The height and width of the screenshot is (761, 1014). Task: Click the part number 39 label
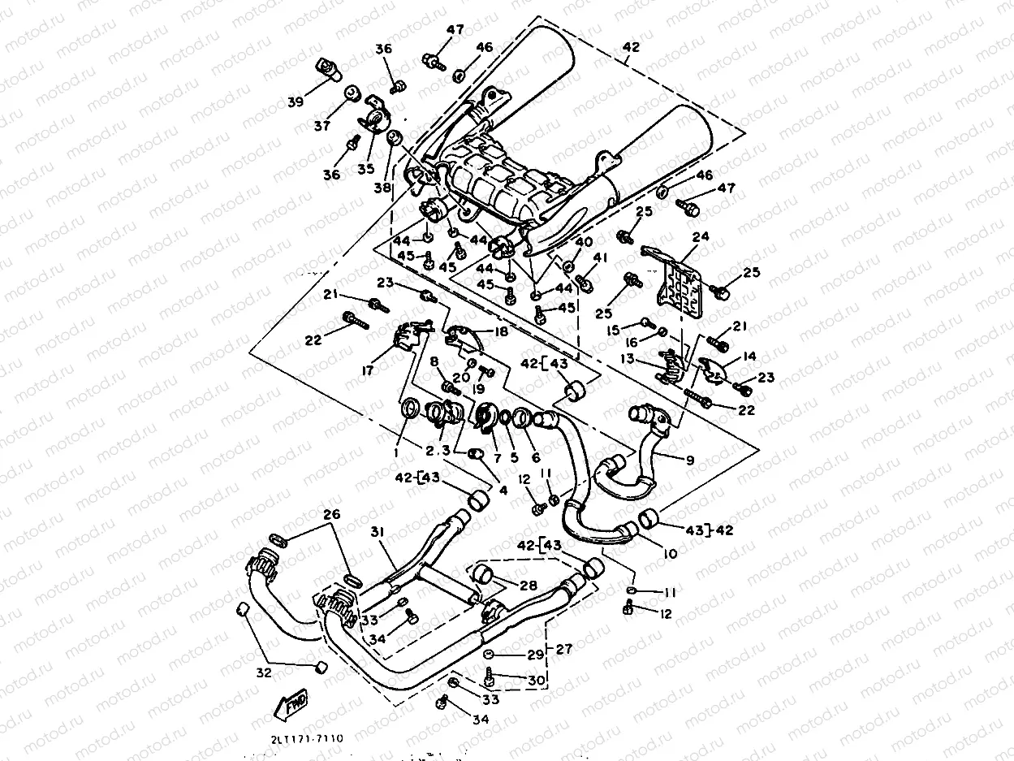295,102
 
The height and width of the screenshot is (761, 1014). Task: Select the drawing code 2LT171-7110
308,738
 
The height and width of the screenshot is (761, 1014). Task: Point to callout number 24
701,237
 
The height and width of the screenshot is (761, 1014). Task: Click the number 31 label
377,532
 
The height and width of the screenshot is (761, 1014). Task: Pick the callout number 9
689,460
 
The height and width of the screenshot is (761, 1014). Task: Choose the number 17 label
368,370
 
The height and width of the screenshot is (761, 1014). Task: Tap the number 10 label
670,554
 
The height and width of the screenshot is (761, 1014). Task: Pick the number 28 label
529,586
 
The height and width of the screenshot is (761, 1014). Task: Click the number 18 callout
500,332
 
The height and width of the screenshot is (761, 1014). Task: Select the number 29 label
533,655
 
